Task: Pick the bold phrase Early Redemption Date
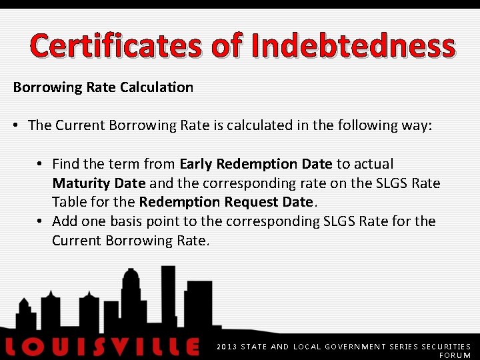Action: pos(256,164)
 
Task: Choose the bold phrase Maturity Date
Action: pos(99,183)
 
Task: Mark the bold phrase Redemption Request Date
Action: pos(225,202)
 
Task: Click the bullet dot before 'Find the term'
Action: pos(41,164)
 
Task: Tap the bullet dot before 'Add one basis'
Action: pos(41,221)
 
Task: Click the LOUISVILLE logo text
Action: pos(101,347)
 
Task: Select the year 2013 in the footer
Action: pos(226,347)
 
